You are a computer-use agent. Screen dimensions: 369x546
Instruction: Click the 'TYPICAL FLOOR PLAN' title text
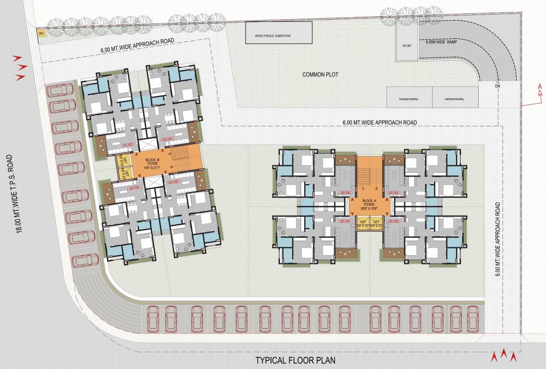coord(295,360)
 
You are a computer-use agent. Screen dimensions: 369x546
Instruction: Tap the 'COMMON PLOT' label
coord(320,74)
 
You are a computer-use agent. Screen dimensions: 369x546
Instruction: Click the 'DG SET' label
coord(407,46)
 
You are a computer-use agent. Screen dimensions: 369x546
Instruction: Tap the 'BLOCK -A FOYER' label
coord(370,202)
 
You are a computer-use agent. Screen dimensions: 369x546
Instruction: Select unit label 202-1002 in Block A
coord(345,193)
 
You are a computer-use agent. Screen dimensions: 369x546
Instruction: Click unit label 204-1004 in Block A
coord(394,221)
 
